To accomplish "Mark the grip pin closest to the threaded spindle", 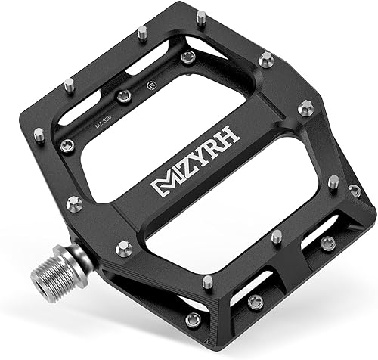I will pyautogui.click(x=123, y=247).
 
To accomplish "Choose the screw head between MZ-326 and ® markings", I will pyautogui.click(x=124, y=96).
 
